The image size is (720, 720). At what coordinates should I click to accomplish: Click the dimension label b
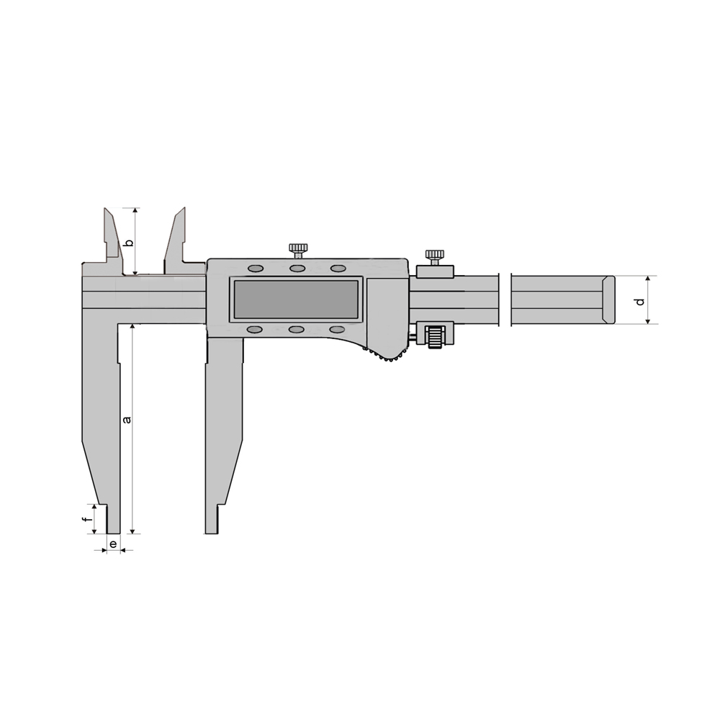(x=130, y=243)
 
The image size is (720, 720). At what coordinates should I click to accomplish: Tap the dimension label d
(x=640, y=302)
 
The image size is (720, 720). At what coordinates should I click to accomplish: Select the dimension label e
(x=113, y=544)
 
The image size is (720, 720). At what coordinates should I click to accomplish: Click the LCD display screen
(x=296, y=300)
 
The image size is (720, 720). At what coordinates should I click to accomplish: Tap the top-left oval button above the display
(x=256, y=268)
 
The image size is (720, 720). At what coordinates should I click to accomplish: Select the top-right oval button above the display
(x=338, y=268)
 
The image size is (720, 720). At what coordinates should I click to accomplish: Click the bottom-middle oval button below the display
(x=297, y=330)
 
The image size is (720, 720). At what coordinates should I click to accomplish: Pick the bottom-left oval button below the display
(x=256, y=330)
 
